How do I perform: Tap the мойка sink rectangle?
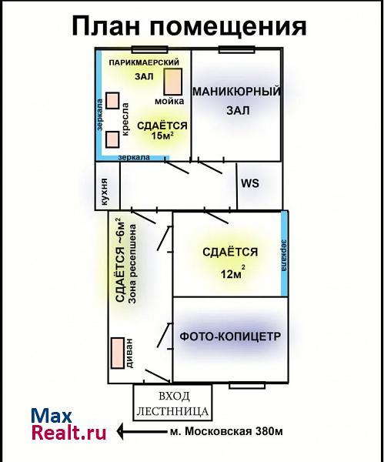(x=173, y=82)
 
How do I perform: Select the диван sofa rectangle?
(x=118, y=353)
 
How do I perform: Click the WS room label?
(x=250, y=183)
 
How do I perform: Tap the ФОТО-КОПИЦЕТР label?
(x=230, y=336)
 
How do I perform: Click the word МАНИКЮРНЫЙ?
(x=237, y=92)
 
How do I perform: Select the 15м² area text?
(x=162, y=136)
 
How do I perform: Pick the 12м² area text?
(x=233, y=273)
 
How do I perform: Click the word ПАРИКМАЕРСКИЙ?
(x=144, y=62)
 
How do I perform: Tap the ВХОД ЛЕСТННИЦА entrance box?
(x=172, y=403)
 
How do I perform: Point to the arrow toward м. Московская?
(x=142, y=431)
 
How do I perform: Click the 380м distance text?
(x=269, y=431)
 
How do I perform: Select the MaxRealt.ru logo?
(x=68, y=424)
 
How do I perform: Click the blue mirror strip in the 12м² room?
(x=284, y=253)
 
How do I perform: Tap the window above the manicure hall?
(x=236, y=49)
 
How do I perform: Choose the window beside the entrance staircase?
(x=247, y=385)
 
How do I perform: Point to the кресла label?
(x=125, y=119)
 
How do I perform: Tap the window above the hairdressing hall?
(x=149, y=49)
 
